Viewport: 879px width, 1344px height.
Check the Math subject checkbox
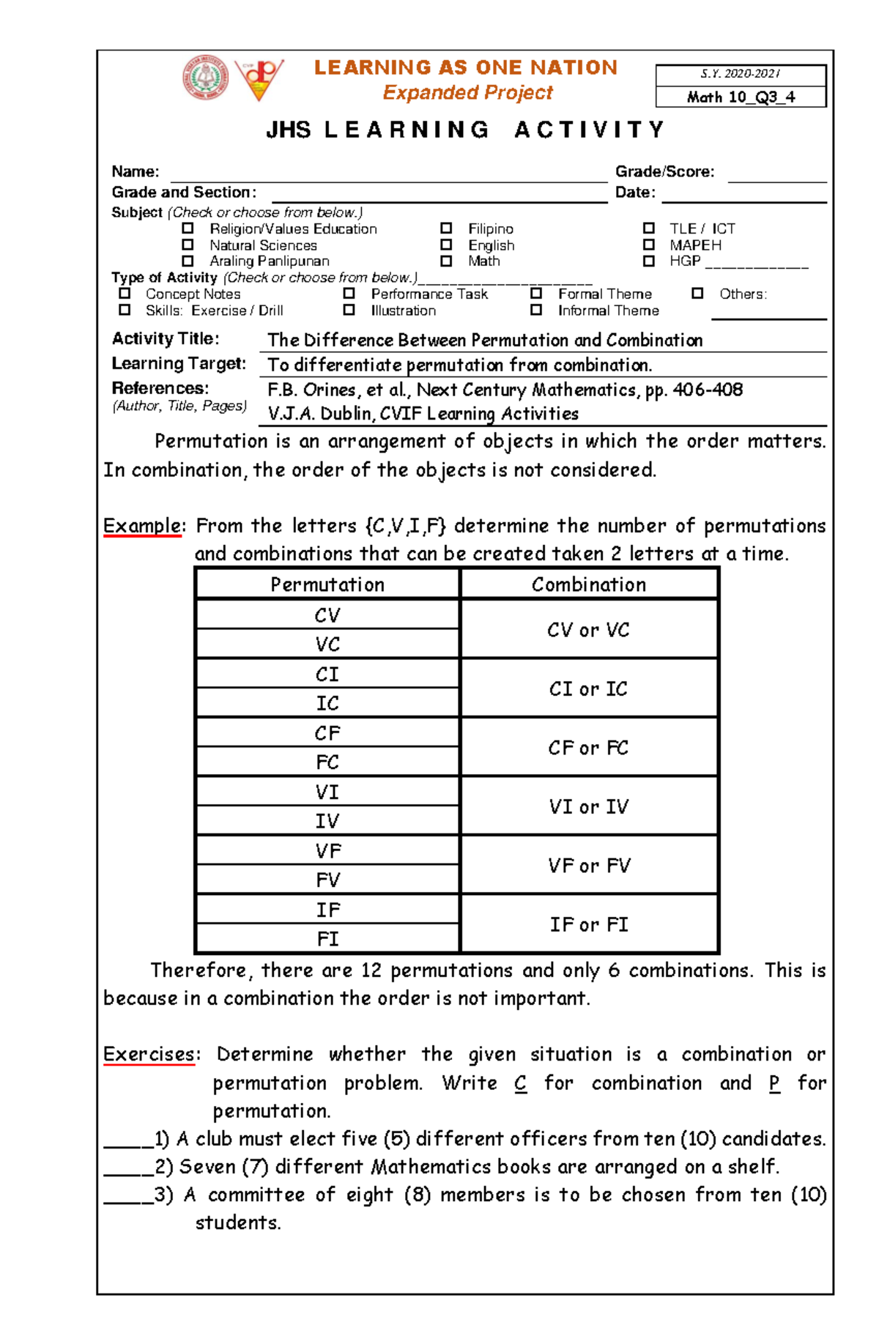446,261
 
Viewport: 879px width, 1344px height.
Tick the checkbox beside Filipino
446,229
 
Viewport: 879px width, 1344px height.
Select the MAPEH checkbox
648,245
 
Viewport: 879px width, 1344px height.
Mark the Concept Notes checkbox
125,294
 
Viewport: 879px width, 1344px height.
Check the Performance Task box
349,294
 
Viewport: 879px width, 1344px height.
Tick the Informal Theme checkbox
536,311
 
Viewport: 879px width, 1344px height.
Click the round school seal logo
206,78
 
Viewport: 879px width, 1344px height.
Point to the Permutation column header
327,584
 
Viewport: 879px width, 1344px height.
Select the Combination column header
589,584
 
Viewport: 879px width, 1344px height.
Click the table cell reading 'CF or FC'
589,748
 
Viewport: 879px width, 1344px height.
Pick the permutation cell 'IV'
327,821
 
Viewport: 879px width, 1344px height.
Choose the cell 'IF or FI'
589,924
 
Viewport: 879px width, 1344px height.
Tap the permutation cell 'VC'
327,645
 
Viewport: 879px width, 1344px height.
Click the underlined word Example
142,526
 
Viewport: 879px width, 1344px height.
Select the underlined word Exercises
149,1055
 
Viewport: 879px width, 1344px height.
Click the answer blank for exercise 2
128,1166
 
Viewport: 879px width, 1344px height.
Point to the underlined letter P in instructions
774,1083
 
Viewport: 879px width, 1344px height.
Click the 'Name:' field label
136,171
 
